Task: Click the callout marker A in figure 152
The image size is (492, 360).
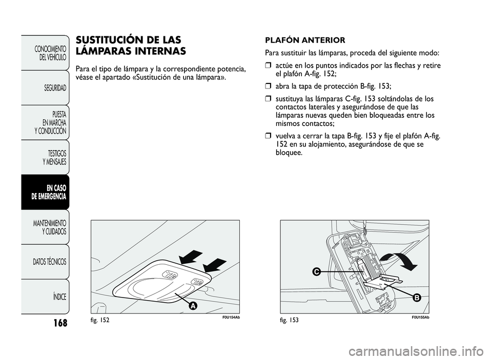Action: [x=193, y=306]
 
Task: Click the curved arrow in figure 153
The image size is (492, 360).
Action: [x=403, y=259]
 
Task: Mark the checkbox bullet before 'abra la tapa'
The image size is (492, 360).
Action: [x=268, y=86]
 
